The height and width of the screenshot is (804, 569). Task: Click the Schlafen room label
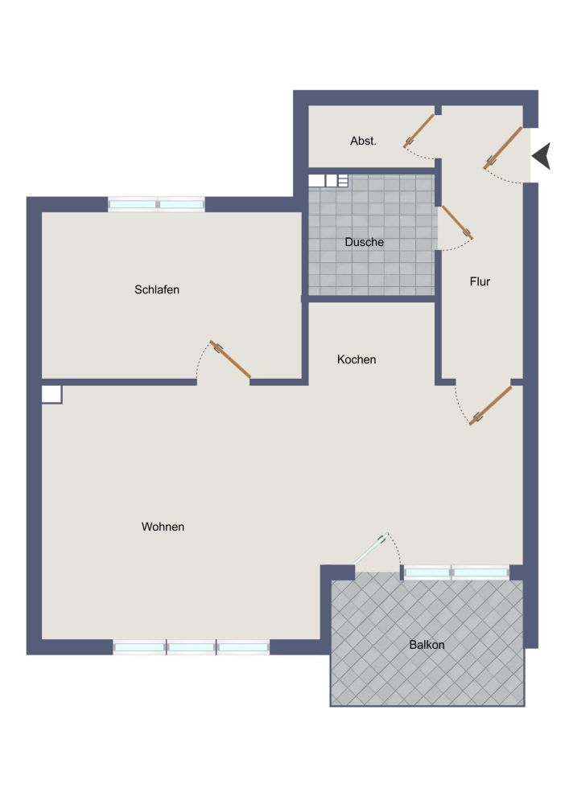(157, 289)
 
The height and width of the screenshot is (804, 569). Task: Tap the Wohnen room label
(163, 527)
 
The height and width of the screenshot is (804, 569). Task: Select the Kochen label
(357, 359)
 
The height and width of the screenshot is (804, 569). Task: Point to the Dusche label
(364, 242)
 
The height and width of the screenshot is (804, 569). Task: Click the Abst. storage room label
(364, 141)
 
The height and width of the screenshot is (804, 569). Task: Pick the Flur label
(480, 281)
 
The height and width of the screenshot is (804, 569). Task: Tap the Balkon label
(427, 645)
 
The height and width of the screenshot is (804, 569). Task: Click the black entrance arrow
(542, 155)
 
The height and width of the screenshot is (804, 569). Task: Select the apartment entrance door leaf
(504, 147)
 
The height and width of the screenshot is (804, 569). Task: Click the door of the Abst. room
(419, 128)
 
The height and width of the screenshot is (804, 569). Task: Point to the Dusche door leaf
(456, 222)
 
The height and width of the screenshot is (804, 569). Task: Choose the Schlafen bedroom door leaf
(231, 359)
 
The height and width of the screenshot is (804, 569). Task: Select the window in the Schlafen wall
(157, 205)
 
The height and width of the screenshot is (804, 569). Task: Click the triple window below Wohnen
(192, 646)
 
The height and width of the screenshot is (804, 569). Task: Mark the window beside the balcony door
(456, 572)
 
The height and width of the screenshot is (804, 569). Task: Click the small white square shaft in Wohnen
(52, 394)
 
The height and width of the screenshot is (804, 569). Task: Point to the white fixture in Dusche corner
(328, 181)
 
